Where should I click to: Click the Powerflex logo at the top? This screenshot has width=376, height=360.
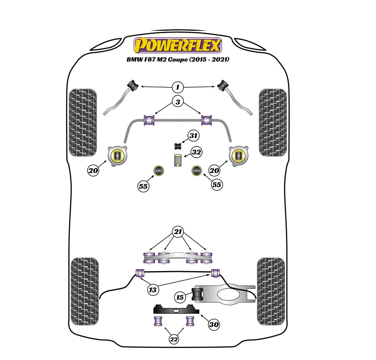click(x=177, y=45)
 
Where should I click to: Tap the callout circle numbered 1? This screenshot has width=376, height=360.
click(x=178, y=87)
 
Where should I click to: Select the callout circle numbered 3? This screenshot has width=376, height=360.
click(x=178, y=102)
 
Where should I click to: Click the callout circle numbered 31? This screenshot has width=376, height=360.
click(x=193, y=136)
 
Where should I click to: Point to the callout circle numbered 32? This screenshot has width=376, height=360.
click(x=196, y=152)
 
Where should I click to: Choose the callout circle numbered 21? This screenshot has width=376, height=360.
click(x=178, y=232)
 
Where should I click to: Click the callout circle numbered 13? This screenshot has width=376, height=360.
click(x=153, y=290)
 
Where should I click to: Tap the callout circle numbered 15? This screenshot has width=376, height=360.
click(x=180, y=297)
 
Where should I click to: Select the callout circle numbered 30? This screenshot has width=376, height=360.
click(x=214, y=324)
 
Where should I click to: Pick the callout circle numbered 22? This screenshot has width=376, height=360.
click(x=174, y=339)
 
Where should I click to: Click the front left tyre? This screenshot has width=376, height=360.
click(x=83, y=123)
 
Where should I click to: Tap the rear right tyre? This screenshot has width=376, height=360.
click(x=271, y=291)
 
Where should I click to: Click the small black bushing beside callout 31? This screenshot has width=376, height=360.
click(x=178, y=146)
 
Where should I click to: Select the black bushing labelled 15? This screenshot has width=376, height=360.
click(x=197, y=294)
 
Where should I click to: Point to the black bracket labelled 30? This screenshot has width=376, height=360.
click(x=176, y=309)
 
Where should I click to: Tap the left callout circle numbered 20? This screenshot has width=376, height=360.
click(x=93, y=170)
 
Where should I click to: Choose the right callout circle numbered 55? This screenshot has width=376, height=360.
click(x=217, y=185)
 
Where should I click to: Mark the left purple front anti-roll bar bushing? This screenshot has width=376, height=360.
click(x=149, y=120)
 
